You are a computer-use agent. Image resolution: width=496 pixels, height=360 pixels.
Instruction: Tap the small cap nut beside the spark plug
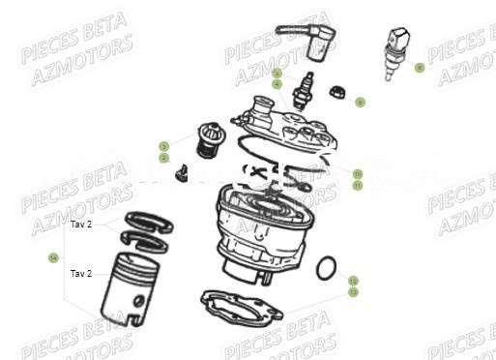click(338, 93)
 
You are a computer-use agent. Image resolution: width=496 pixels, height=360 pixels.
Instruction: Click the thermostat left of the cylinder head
click(206, 138)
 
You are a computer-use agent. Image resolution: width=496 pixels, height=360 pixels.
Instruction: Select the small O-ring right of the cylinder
click(328, 264)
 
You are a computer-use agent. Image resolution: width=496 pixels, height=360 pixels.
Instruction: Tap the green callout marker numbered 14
click(53, 258)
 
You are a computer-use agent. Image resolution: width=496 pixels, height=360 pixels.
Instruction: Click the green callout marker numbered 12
click(354, 281)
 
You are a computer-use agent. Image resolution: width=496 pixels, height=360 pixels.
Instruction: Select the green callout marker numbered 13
click(354, 291)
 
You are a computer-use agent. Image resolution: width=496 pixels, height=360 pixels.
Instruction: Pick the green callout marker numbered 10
click(357, 173)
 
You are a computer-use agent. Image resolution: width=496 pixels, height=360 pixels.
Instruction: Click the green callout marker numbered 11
click(357, 185)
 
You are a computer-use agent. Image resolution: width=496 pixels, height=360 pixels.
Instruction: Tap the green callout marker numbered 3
click(164, 146)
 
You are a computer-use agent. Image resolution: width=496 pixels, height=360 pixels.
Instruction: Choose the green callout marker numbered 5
click(277, 74)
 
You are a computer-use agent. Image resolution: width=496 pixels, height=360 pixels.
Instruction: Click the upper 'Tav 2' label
click(81, 225)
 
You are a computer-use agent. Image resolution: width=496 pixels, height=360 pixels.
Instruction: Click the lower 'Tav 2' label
click(81, 273)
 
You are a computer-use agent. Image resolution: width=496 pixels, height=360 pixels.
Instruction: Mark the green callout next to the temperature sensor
click(419, 68)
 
